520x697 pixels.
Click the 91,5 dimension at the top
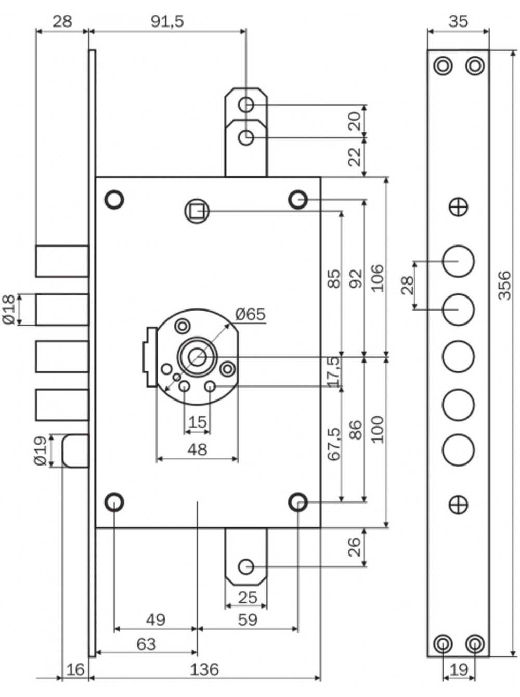click(167, 22)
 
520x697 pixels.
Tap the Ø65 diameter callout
click(250, 314)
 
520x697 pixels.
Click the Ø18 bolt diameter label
click(8, 309)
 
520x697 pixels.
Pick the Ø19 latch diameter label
click(41, 450)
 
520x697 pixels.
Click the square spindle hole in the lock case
click(197, 211)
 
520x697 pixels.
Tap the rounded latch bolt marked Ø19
click(75, 451)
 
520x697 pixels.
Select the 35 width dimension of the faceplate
click(459, 22)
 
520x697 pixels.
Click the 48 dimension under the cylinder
click(197, 449)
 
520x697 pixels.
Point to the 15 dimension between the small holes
click(197, 422)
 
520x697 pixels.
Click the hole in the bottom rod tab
click(246, 567)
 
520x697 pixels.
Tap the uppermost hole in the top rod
click(246, 105)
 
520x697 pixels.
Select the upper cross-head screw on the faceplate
click(459, 207)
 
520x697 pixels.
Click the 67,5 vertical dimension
click(334, 444)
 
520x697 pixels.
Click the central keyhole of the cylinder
click(197, 357)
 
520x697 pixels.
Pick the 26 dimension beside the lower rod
click(355, 547)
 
